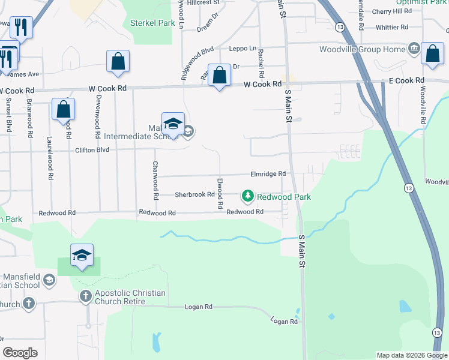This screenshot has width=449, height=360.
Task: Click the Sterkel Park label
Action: tap(152, 23)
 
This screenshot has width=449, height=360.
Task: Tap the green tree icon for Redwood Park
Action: tap(247, 196)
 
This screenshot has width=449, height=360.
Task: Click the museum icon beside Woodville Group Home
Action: tap(414, 49)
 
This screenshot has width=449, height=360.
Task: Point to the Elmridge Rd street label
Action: tap(268, 174)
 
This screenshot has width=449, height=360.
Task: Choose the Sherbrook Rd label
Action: tap(194, 194)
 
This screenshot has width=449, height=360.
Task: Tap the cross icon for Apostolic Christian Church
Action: tap(85, 296)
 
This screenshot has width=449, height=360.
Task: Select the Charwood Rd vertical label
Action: tap(155, 180)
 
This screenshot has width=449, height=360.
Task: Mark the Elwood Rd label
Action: tap(220, 193)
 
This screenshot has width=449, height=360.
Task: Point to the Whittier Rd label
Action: tap(391, 28)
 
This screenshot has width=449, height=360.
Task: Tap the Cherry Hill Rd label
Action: tap(391, 11)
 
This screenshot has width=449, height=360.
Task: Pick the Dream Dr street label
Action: tap(207, 25)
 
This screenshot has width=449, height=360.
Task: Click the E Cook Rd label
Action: tap(406, 80)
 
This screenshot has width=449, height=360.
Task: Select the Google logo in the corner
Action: tap(20, 352)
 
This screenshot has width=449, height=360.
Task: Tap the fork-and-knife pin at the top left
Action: tap(22, 26)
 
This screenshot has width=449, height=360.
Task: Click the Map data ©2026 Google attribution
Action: tap(412, 355)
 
